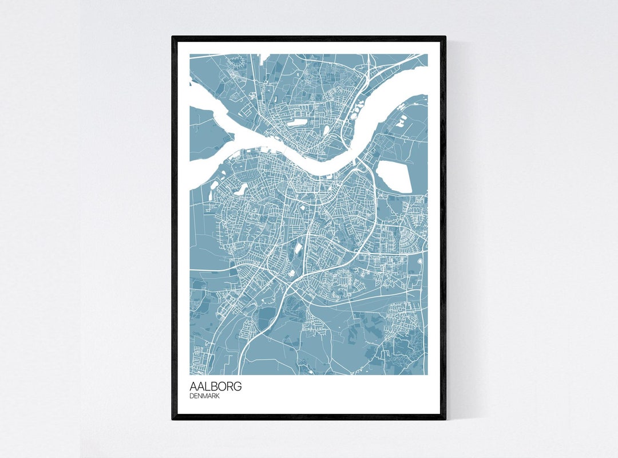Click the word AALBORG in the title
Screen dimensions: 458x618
point(216,386)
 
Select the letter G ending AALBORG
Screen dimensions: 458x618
point(237,386)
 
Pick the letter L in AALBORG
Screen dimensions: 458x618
point(207,386)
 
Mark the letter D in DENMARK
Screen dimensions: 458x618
point(192,396)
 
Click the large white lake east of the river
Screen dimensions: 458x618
point(395,176)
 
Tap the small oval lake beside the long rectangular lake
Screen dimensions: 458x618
point(326,131)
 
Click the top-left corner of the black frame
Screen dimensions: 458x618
point(173,38)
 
